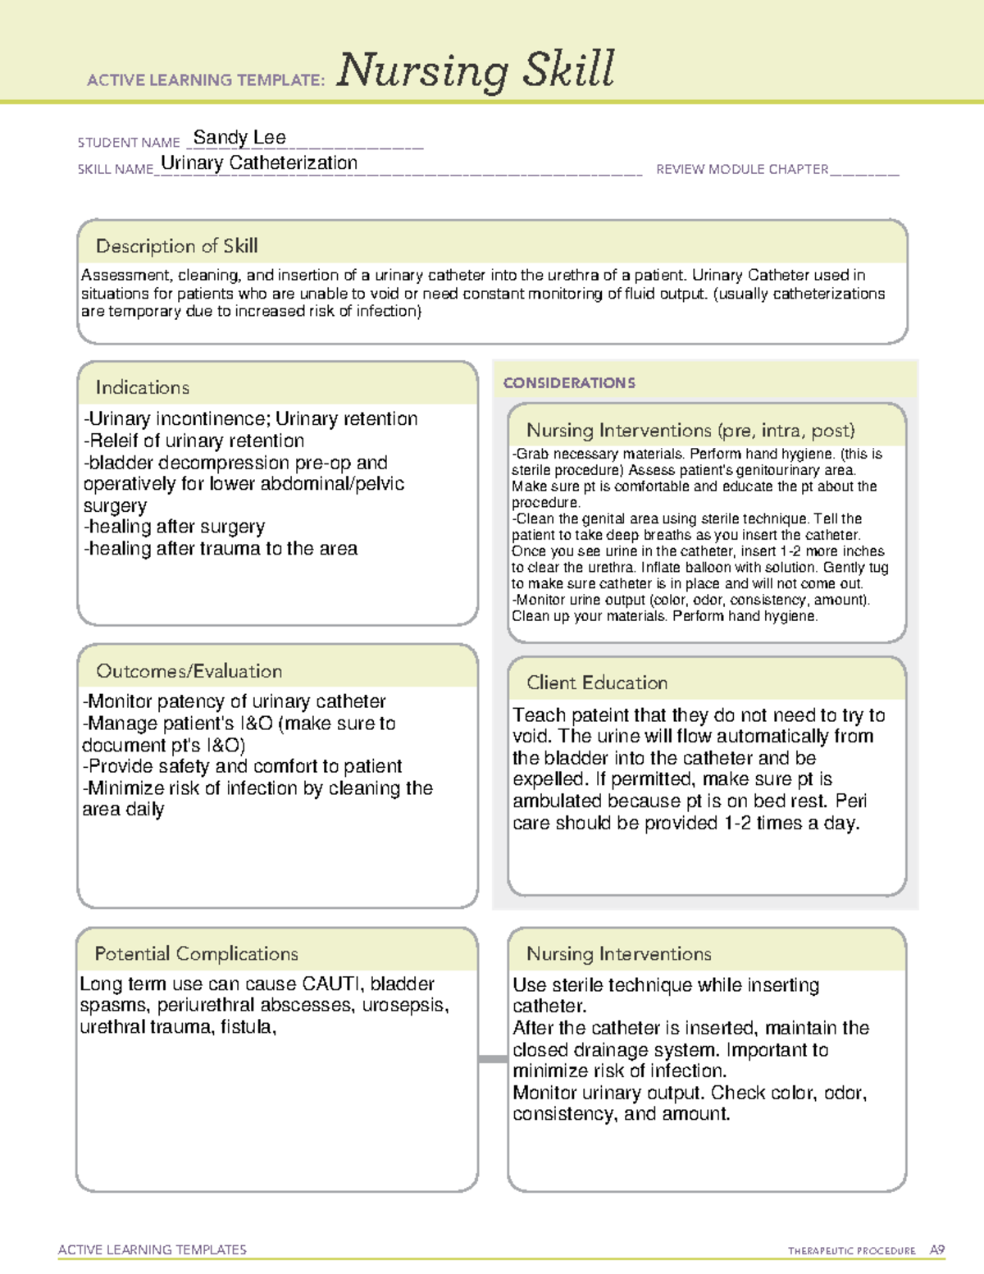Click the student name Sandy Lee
tap(239, 137)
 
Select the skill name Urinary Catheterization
tap(259, 163)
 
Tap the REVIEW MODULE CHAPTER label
tap(742, 169)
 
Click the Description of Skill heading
tap(176, 246)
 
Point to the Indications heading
tap(142, 387)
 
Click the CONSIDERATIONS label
tap(569, 383)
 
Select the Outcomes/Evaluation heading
tap(189, 671)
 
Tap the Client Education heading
tap(596, 683)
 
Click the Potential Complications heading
tap(196, 953)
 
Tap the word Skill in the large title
tap(569, 69)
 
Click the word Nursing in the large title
tap(422, 71)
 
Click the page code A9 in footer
tap(937, 1250)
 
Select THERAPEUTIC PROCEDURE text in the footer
tap(851, 1251)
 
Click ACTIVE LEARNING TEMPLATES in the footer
tap(152, 1249)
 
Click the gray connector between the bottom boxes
tap(492, 1059)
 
